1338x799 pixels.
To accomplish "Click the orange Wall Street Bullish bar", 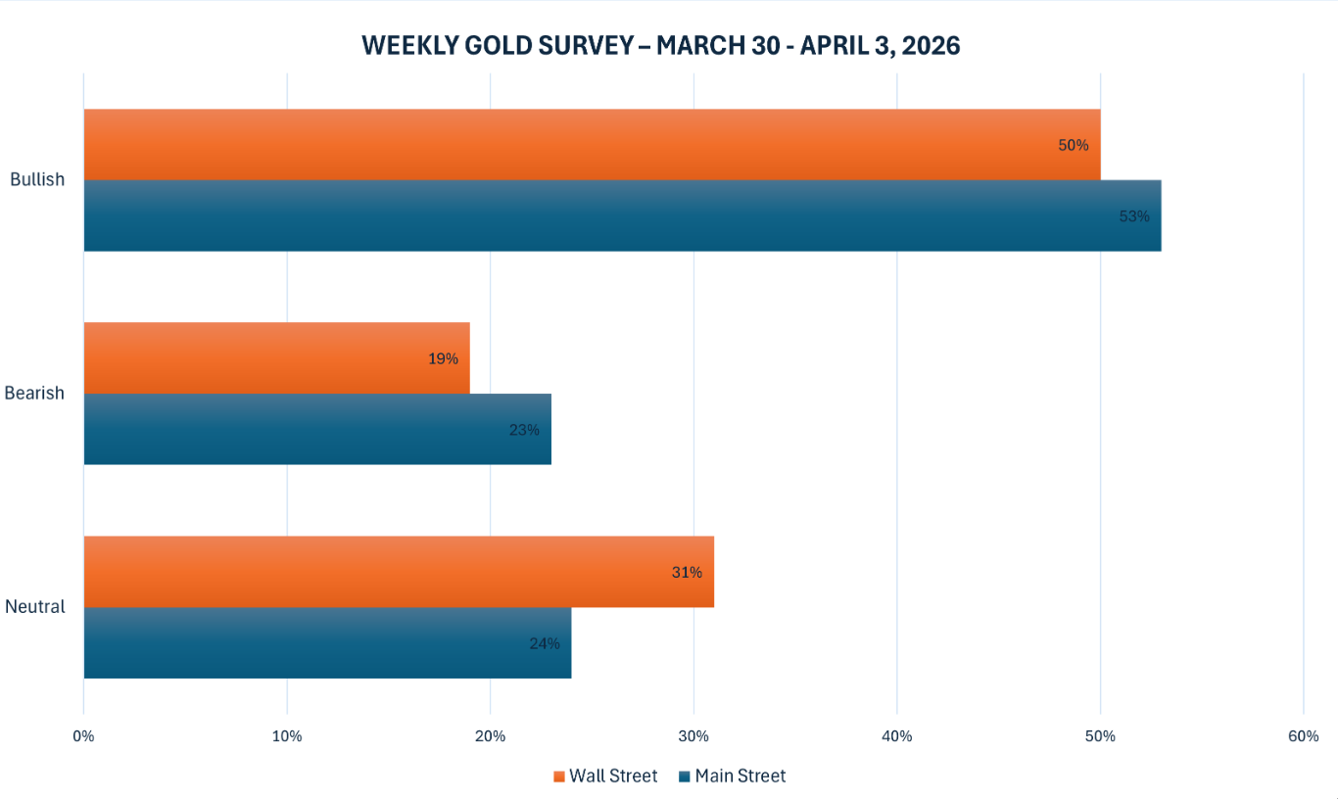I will tap(588, 145).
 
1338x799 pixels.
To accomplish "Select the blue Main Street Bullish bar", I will tap(617, 215).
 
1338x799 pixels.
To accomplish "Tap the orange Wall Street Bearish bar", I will tap(274, 358).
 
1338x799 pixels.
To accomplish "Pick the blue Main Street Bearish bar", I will tap(313, 429).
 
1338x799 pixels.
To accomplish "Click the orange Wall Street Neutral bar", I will tap(392, 572).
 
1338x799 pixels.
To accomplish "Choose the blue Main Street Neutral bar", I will tap(323, 643).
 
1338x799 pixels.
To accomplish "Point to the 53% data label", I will tap(1134, 216).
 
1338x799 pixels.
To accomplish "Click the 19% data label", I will tap(443, 359).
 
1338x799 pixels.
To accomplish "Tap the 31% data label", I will tap(687, 573).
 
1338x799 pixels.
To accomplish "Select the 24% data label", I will tap(545, 644).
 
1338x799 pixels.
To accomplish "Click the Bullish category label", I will tap(37, 180).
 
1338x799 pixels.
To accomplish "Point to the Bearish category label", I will tap(34, 394).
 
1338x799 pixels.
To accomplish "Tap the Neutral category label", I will tap(35, 607).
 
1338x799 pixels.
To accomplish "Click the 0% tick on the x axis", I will tap(84, 736).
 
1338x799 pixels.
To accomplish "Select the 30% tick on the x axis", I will tap(693, 736).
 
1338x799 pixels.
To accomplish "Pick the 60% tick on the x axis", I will tap(1304, 736).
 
